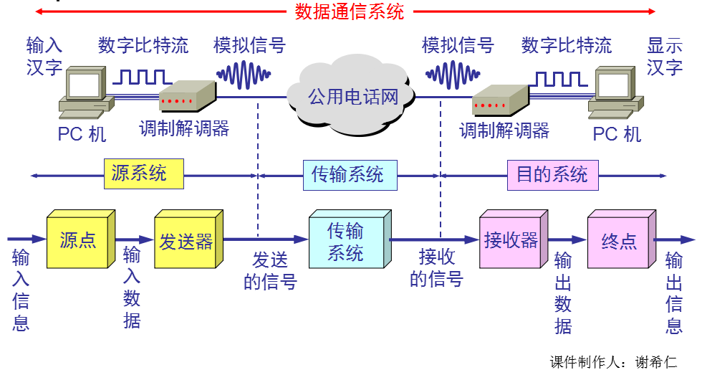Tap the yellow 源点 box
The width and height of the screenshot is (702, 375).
[x=77, y=241]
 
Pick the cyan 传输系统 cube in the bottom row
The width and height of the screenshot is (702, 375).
[x=347, y=241]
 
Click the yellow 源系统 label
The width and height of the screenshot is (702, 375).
[x=143, y=174]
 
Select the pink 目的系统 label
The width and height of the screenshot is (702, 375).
[x=552, y=175]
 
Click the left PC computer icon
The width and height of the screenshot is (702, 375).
[x=84, y=94]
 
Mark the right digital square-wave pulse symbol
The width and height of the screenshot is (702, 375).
[x=562, y=77]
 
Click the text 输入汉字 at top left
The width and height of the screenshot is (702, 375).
[x=44, y=57]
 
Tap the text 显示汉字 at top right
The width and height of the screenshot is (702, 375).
[x=664, y=57]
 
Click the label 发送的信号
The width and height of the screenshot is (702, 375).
[x=270, y=270]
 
